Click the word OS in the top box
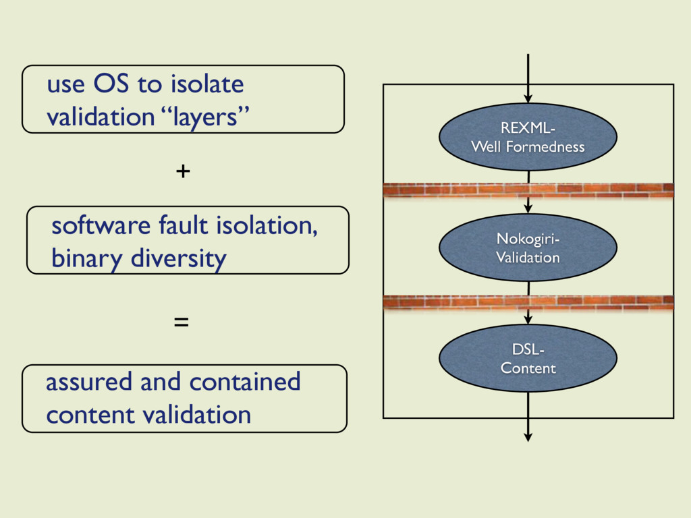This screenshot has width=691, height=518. tap(111, 83)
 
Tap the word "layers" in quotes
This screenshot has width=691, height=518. tap(205, 117)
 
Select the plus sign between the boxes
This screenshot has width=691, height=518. tap(183, 171)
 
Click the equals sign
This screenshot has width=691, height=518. tap(181, 322)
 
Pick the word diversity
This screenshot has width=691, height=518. tap(178, 258)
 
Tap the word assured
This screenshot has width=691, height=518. tap(88, 382)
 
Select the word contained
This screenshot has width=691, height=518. tap(244, 382)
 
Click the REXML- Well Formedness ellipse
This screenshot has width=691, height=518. tap(528, 137)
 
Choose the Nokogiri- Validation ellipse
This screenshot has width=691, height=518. tap(528, 248)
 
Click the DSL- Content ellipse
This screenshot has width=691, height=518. tap(528, 358)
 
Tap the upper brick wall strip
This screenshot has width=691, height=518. tap(528, 190)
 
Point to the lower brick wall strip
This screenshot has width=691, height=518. tap(528, 302)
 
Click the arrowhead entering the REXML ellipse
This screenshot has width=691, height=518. tap(528, 98)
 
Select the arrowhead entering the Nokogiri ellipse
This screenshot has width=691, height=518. tap(528, 209)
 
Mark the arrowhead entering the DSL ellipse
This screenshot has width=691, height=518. tap(528, 320)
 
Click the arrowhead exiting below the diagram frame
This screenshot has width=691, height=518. tap(528, 437)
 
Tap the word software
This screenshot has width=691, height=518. tap(101, 225)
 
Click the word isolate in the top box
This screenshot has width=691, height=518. tap(207, 83)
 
